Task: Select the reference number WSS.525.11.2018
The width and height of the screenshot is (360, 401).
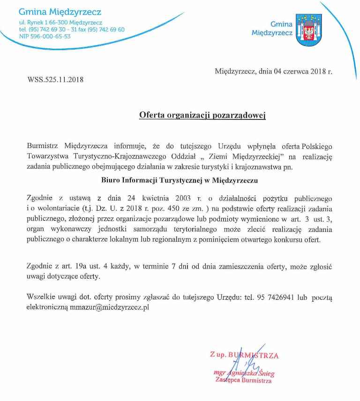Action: tap(56, 80)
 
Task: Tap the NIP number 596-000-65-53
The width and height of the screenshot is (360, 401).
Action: tap(45, 36)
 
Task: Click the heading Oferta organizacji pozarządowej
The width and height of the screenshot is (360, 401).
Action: tap(202, 115)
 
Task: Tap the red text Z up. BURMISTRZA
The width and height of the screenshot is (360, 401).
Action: tap(244, 355)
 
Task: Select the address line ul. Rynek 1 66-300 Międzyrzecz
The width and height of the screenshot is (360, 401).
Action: tap(60, 22)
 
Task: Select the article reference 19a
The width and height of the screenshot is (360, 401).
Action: tap(82, 267)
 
